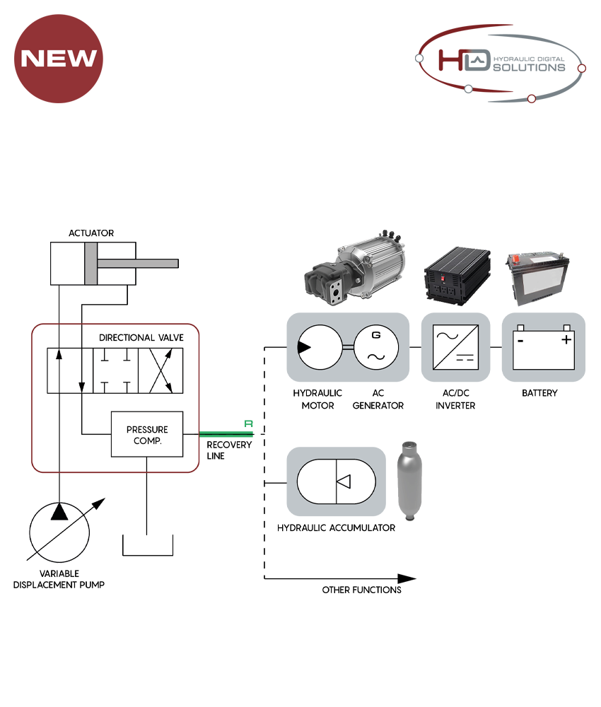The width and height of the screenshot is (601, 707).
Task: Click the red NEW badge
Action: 59,58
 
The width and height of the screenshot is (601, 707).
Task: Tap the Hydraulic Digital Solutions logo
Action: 501,62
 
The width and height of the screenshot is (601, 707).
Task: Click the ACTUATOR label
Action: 91,233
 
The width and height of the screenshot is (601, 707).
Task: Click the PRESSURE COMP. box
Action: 147,434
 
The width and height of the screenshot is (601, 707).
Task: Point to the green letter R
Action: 248,424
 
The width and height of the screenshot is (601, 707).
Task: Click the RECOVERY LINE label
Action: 228,450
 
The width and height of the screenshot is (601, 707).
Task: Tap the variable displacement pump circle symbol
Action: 59,534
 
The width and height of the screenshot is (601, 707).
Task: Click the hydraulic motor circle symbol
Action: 319,347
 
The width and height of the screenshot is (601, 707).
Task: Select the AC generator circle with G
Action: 376,347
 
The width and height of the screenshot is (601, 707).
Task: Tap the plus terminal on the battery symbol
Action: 566,340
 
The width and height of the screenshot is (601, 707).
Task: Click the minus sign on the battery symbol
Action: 520,340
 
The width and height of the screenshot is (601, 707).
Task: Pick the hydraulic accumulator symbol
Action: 336,481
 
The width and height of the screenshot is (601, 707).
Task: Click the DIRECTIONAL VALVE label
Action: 141,338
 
